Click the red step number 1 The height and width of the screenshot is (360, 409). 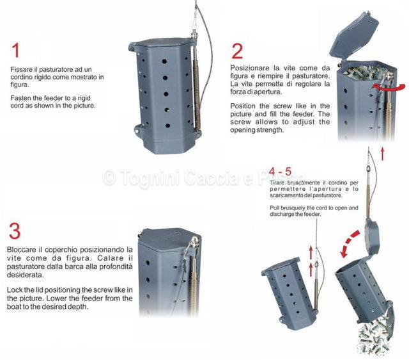point(16,51)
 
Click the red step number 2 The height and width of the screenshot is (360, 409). point(237,51)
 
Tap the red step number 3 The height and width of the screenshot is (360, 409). point(15,231)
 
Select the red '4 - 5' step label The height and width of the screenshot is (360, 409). point(280,172)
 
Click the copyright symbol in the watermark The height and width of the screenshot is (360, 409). point(109,178)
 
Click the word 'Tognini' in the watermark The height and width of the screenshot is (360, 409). point(151,178)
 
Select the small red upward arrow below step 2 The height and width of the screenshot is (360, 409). point(382,154)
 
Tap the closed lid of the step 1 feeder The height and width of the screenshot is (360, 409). point(162,42)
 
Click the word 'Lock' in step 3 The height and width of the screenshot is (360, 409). point(15,290)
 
